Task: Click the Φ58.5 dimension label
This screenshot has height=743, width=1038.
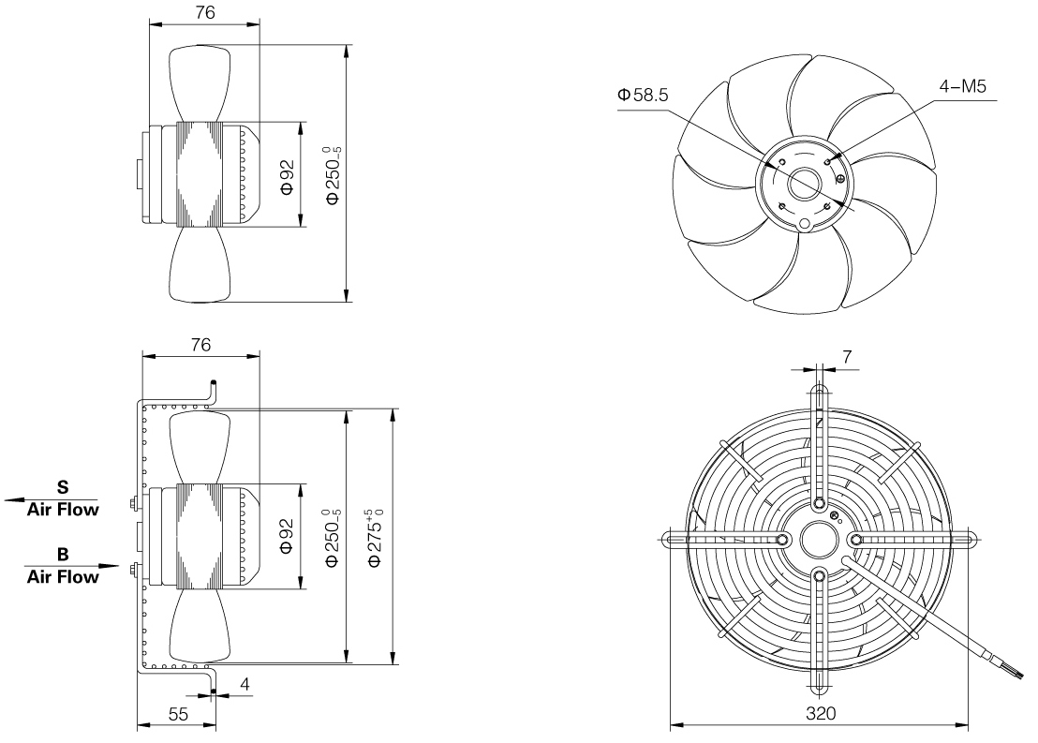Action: [x=643, y=95]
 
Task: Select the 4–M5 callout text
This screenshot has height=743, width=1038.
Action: [x=962, y=86]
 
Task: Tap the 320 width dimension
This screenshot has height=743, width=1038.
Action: [x=821, y=713]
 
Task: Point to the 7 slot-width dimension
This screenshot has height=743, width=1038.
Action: [x=847, y=357]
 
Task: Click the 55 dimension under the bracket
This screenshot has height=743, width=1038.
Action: [x=178, y=714]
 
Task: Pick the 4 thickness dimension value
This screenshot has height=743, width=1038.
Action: [x=245, y=684]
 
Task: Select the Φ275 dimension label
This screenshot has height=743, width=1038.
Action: [x=376, y=538]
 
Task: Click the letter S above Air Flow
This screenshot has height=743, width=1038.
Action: [x=63, y=487]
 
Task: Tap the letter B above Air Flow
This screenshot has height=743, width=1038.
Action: [x=63, y=555]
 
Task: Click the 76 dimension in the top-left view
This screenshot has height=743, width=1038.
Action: [x=205, y=12]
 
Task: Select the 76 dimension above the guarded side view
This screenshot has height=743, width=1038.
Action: [x=200, y=345]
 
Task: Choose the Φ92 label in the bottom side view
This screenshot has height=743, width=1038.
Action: [x=288, y=536]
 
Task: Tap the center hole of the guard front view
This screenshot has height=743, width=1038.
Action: [x=820, y=540]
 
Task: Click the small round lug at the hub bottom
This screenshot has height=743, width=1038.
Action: [x=805, y=225]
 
